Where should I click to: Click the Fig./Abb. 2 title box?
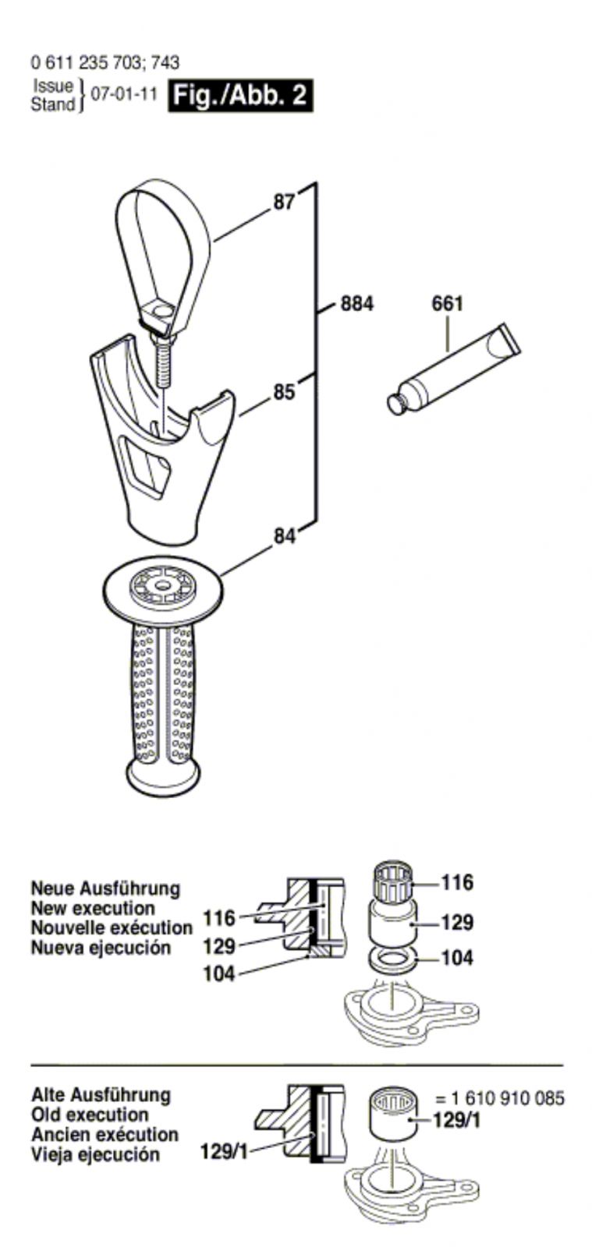pos(241,96)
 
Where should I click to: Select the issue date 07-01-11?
pos(125,95)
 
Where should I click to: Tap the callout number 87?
pos(284,203)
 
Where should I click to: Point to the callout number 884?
pos(356,303)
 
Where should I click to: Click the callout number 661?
pos(447,304)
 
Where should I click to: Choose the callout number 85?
pos(284,391)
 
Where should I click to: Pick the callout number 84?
pos(285,536)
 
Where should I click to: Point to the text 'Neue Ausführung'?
pos(105,888)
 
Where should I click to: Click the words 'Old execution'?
pos(90,1115)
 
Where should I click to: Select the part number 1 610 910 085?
pos(499,1099)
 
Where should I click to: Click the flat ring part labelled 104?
pos(391,959)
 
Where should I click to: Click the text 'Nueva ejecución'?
pos(101,948)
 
